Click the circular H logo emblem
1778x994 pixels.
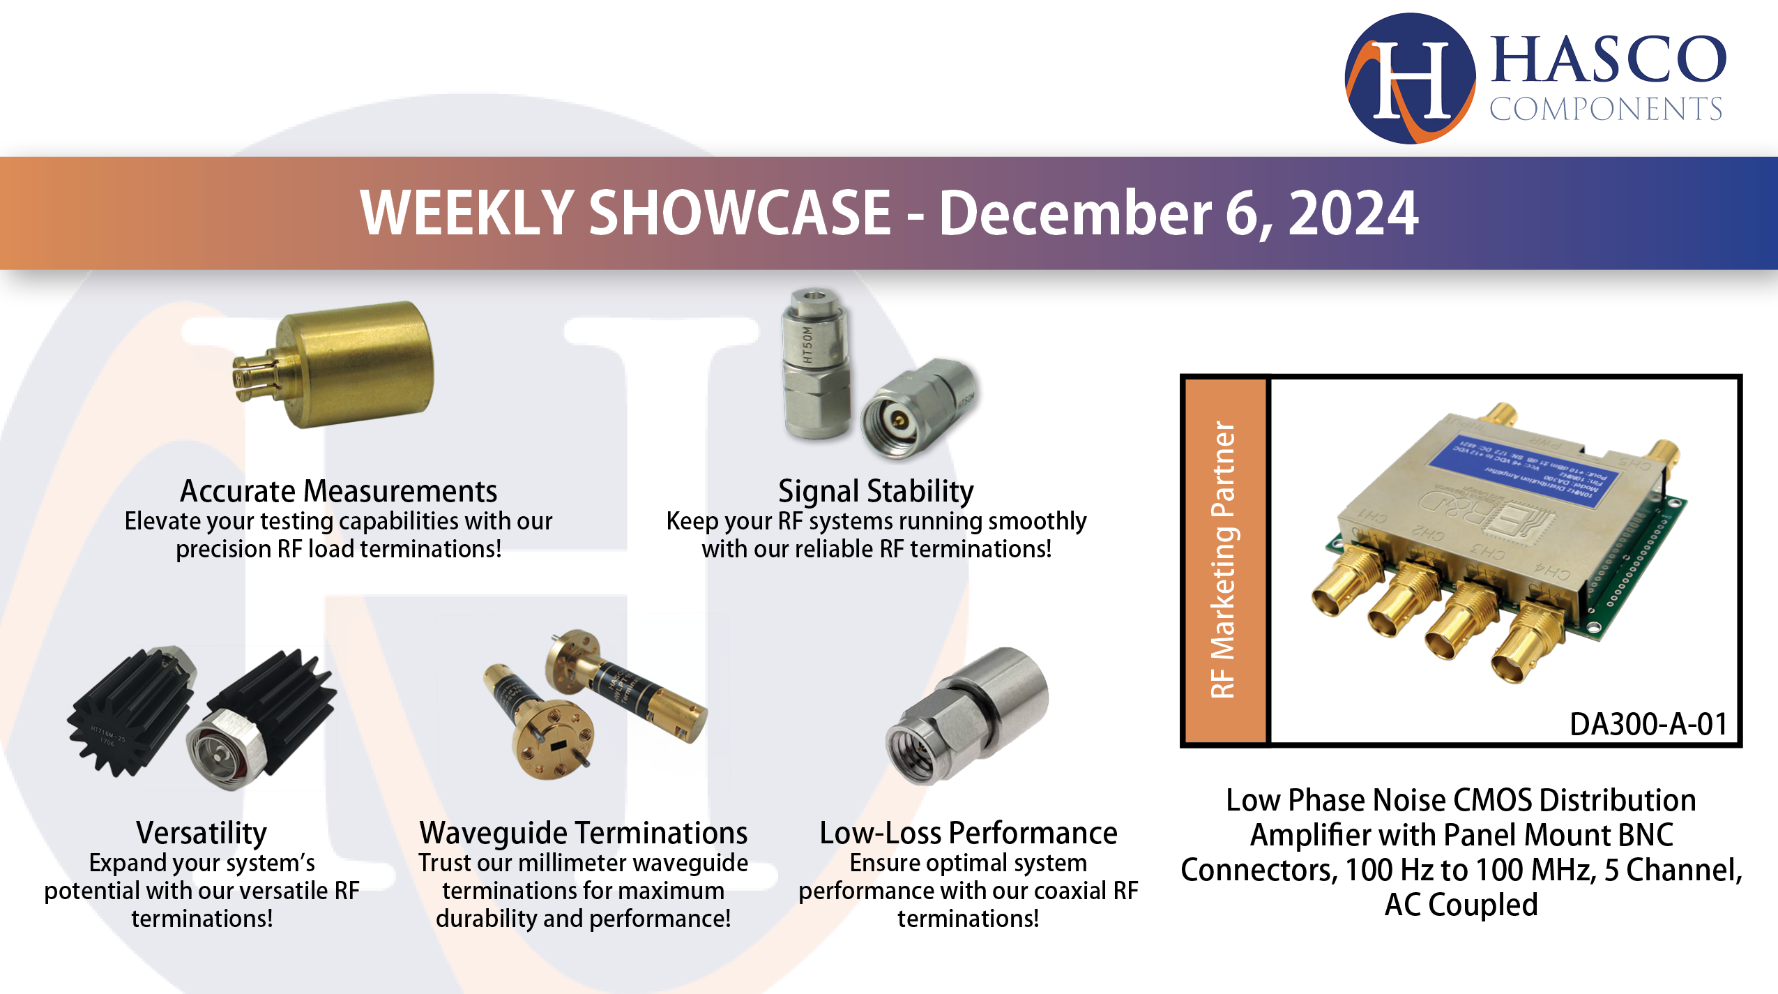[x=1409, y=79]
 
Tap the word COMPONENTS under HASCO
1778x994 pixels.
[x=1606, y=109]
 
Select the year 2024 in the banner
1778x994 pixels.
[x=1353, y=213]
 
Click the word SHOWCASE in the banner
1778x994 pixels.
[x=740, y=213]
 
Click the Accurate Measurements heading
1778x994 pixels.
[x=339, y=491]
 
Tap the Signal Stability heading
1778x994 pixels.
[x=876, y=491]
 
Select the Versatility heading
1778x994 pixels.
[x=202, y=832]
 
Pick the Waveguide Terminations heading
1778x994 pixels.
[x=583, y=832]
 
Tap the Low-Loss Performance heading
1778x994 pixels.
[x=968, y=832]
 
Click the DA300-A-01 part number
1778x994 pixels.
[x=1648, y=724]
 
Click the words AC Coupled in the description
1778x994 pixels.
[x=1461, y=905]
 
